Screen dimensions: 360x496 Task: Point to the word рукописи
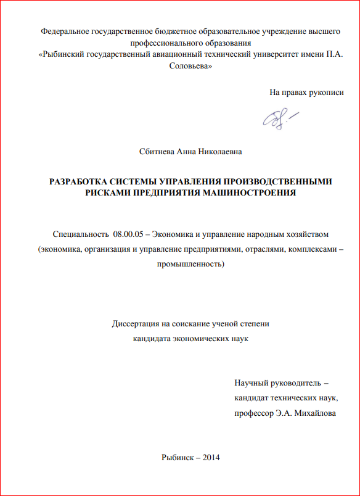pyautogui.click(x=327, y=93)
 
